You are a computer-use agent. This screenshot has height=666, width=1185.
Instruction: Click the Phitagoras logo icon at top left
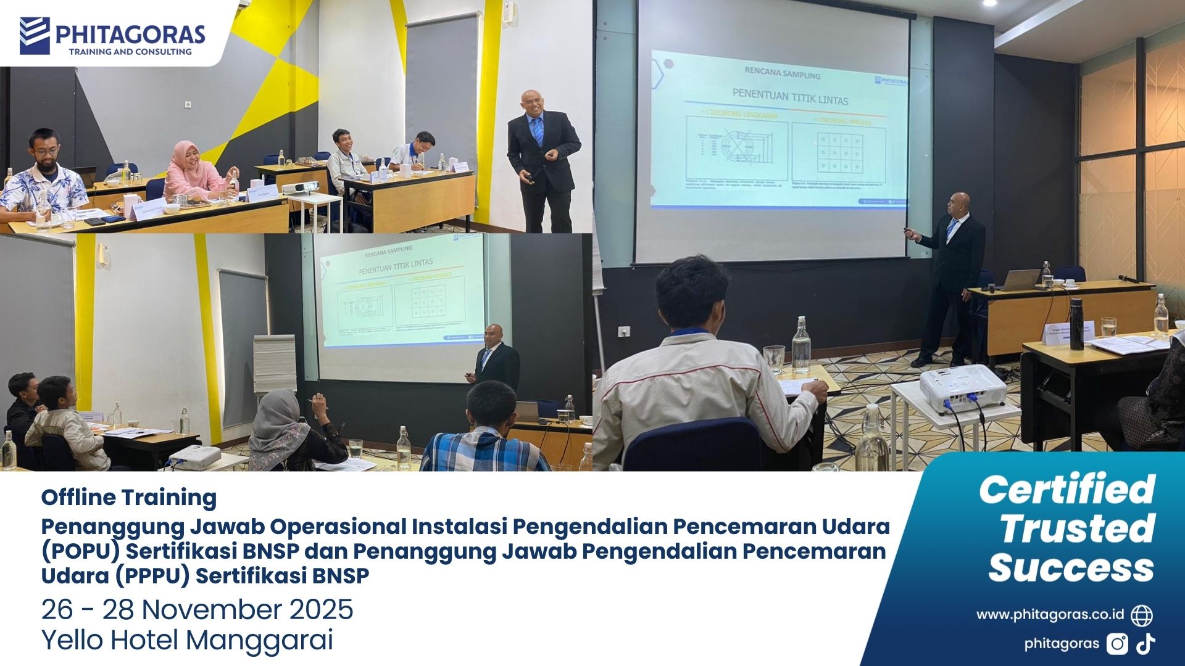point(35,35)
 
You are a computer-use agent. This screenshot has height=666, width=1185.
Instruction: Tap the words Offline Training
point(129,497)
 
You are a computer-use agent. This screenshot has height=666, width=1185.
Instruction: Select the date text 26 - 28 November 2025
point(197,610)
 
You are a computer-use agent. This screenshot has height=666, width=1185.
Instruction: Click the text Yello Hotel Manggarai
point(187,640)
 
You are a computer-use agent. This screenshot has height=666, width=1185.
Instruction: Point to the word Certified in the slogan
point(1066,490)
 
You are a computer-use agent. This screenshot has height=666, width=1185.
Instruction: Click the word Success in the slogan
point(1071,568)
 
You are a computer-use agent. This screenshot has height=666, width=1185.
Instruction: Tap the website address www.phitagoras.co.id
point(1050,615)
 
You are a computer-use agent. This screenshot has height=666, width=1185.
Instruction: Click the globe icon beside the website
point(1142,615)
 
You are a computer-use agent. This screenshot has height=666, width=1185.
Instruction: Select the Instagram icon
point(1117,644)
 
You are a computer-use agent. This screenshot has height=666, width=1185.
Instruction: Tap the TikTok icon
point(1146,644)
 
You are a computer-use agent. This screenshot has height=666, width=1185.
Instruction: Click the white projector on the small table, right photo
point(962,388)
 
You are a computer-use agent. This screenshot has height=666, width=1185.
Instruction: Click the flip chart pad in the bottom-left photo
point(275,364)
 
